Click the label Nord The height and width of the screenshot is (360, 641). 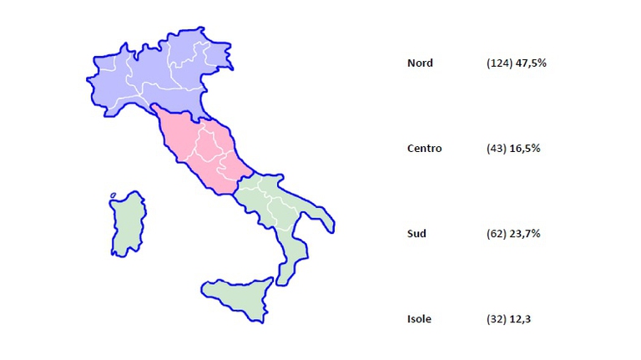(x=420, y=63)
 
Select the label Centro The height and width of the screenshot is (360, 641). (x=424, y=149)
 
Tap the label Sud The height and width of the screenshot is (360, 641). (x=416, y=234)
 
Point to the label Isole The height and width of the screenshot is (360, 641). (x=419, y=319)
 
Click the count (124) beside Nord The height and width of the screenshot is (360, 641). (x=499, y=63)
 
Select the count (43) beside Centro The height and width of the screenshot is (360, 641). (x=496, y=149)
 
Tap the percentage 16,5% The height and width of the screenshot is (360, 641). (x=525, y=149)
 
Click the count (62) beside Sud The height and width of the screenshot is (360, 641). (x=496, y=234)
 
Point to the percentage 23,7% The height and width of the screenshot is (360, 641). (x=525, y=234)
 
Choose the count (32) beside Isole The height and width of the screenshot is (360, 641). (x=496, y=319)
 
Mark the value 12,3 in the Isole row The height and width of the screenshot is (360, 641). (x=519, y=319)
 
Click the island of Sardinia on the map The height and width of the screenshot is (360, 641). (x=128, y=223)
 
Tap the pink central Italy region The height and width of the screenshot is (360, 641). (x=204, y=150)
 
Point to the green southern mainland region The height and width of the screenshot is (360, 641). (x=275, y=209)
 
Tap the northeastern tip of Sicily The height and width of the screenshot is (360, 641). (x=271, y=281)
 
